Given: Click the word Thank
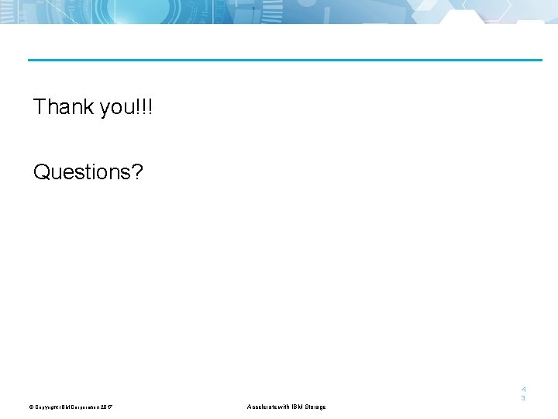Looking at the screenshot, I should [x=64, y=106].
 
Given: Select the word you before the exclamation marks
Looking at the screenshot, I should [x=117, y=109].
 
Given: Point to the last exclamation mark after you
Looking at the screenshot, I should [x=150, y=106].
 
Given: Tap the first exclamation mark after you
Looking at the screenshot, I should [x=139, y=106].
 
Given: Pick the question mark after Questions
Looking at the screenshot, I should [x=137, y=171].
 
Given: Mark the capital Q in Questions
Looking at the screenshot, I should [x=42, y=171].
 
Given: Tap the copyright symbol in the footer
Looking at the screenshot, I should [x=32, y=407].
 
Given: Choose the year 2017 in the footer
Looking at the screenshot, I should [x=107, y=407].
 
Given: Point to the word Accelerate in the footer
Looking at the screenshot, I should [x=263, y=407].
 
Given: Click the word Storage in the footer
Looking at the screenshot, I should [x=314, y=407].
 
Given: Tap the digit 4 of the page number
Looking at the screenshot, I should [x=523, y=389].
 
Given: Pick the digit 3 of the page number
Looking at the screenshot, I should [x=523, y=398].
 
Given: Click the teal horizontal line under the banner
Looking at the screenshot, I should [x=285, y=60].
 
